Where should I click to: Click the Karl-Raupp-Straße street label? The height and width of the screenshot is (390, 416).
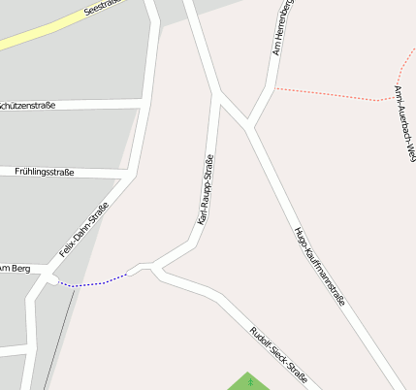click(207, 190)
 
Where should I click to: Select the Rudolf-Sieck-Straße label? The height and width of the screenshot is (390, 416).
click(278, 353)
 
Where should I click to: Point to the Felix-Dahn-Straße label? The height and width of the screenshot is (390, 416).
click(84, 228)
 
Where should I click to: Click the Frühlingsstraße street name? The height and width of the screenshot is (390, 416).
click(45, 172)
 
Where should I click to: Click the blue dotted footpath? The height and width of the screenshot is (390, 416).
click(92, 283)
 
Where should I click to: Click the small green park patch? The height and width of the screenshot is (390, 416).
click(251, 381)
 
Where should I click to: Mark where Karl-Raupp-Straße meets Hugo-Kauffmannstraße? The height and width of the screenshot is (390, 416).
click(216, 95)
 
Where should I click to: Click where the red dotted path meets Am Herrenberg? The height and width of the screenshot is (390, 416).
click(273, 88)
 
